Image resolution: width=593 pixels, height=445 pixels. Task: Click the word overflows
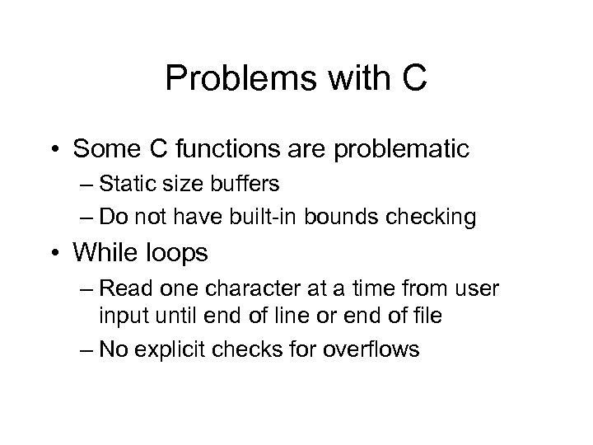pos(370,349)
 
